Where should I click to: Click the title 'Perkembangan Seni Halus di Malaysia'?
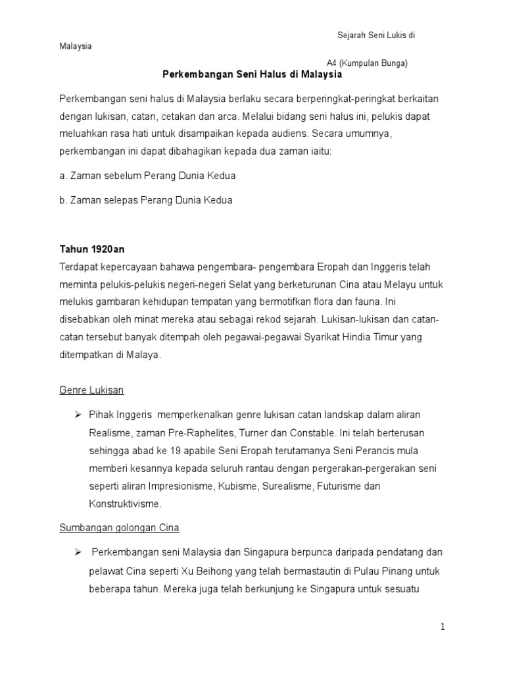point(252,75)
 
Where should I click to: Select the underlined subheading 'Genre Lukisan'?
point(91,390)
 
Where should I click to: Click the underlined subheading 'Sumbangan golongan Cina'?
point(119,528)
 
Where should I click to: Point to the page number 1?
point(443,627)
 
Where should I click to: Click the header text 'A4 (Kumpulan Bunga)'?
point(372,63)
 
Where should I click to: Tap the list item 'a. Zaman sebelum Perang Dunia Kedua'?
point(147,176)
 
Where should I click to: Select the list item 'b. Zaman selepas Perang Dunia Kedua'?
point(145,200)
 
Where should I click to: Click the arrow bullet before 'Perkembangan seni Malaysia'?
point(77,552)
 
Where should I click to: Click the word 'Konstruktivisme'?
point(124,504)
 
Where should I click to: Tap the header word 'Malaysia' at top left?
point(76,46)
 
